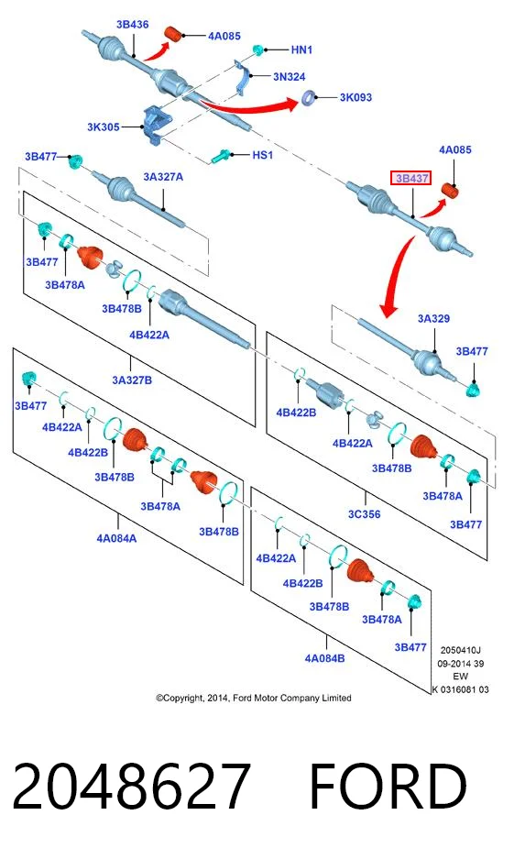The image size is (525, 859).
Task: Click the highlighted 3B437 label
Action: [410, 178]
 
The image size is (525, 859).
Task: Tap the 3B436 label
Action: [133, 25]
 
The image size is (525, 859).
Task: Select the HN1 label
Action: [301, 50]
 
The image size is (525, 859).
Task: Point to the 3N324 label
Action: [289, 77]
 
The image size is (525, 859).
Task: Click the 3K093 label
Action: [355, 97]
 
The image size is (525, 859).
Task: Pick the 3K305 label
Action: [104, 127]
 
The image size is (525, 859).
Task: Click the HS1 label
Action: [263, 155]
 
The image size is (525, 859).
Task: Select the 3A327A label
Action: [163, 177]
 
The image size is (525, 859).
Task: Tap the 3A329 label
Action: [433, 319]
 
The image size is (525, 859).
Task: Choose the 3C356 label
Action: [364, 514]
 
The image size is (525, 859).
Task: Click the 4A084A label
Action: [116, 538]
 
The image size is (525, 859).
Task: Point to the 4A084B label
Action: [324, 658]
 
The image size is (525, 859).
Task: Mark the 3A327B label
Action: [132, 380]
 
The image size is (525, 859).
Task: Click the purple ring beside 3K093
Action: [308, 98]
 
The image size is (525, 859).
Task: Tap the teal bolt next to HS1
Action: [221, 158]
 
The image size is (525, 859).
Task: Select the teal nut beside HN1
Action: [257, 50]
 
